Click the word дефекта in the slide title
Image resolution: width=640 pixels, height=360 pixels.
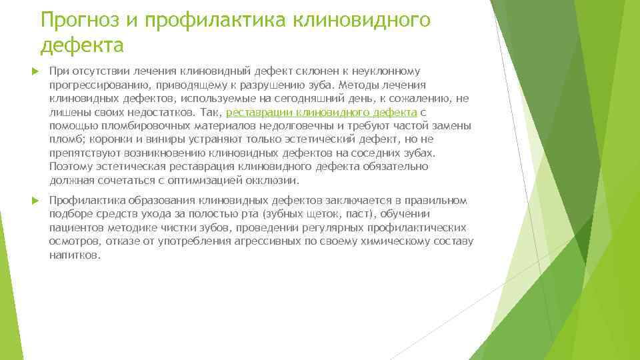81,45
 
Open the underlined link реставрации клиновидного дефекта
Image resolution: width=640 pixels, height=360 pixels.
322,112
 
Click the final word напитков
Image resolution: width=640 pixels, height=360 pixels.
75,255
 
